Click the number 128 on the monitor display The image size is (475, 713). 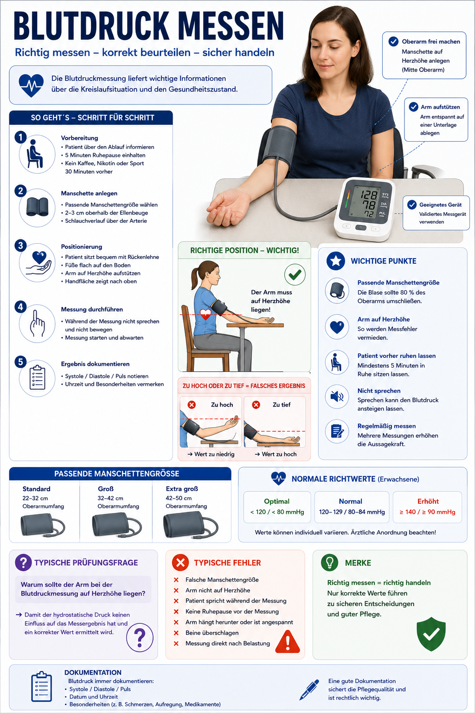[369, 194]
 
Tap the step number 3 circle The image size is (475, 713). [21, 246]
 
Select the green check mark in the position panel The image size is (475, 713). [295, 274]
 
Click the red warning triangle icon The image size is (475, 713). [288, 642]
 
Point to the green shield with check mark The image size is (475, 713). [431, 634]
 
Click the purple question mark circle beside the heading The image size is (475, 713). [23, 563]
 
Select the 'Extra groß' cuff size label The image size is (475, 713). [182, 489]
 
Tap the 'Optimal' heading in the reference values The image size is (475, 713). [277, 501]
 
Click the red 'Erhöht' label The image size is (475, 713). [428, 501]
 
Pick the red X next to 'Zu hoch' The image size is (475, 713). [192, 405]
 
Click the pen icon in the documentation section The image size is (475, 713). [309, 689]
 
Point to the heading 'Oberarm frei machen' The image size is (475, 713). [431, 41]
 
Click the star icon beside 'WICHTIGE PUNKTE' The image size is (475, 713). [336, 261]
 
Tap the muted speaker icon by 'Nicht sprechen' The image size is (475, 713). [337, 396]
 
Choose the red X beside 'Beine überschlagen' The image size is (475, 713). [176, 633]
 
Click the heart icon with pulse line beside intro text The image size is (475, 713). [31, 85]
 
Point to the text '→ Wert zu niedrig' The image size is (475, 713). [211, 454]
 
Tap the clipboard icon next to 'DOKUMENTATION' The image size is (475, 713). [41, 687]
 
